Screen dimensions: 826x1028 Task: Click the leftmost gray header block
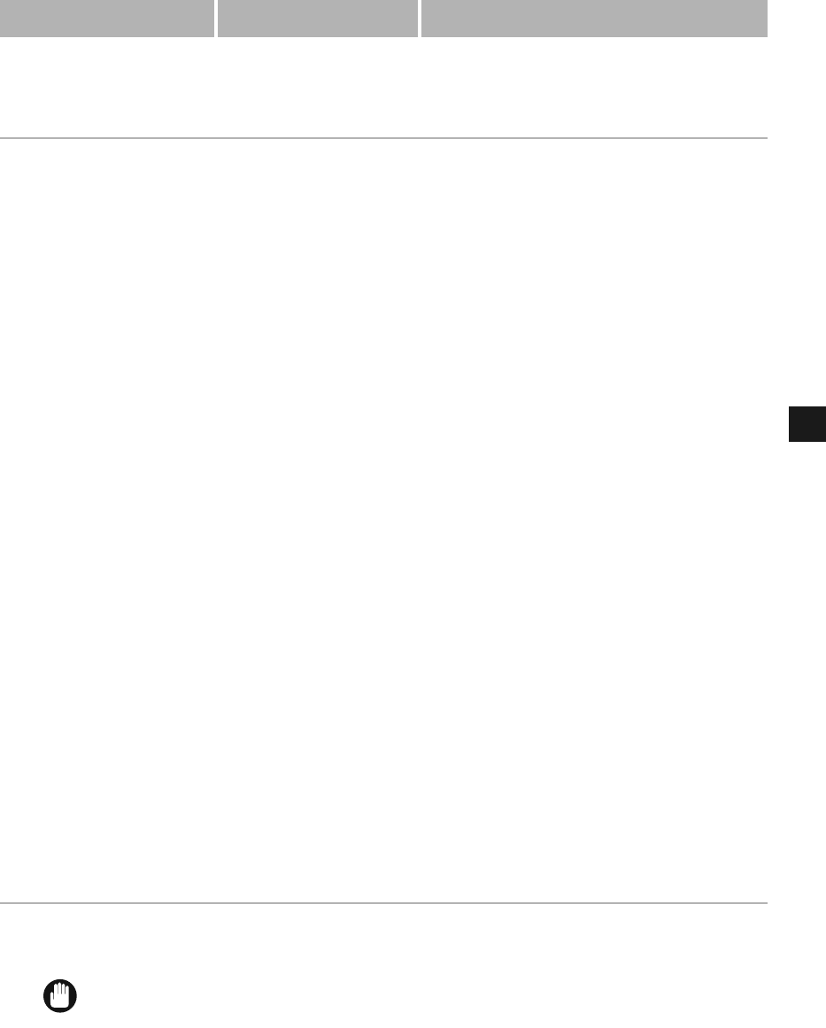(x=106, y=18)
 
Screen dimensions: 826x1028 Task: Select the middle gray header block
(x=317, y=18)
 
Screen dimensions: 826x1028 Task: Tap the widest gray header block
(x=593, y=18)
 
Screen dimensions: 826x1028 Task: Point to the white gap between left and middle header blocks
(x=215, y=18)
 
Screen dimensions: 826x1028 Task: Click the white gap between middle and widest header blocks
(x=420, y=18)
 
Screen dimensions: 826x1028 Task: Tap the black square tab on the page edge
(x=807, y=424)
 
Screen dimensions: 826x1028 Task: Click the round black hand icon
(x=60, y=996)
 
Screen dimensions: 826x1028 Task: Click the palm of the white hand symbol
(x=61, y=1001)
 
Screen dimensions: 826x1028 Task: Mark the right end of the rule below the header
(x=766, y=138)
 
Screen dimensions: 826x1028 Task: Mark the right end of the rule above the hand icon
(x=766, y=903)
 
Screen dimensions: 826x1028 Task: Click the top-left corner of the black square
(x=789, y=407)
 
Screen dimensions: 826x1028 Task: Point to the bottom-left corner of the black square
(x=789, y=441)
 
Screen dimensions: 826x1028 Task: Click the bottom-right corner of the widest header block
(x=766, y=36)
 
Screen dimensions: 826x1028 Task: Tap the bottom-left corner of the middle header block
(x=219, y=36)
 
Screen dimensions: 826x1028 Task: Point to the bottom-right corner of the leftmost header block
(x=212, y=36)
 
